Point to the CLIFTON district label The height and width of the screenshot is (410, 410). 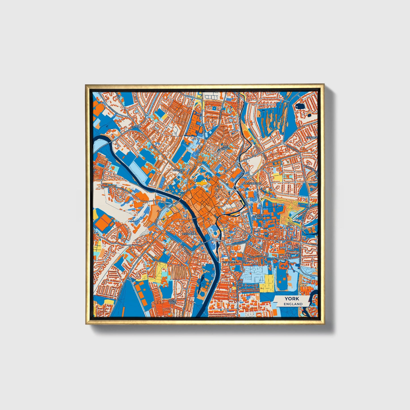[136, 127]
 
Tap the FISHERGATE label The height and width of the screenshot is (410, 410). [229, 262]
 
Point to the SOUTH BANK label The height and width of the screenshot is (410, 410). [172, 302]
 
